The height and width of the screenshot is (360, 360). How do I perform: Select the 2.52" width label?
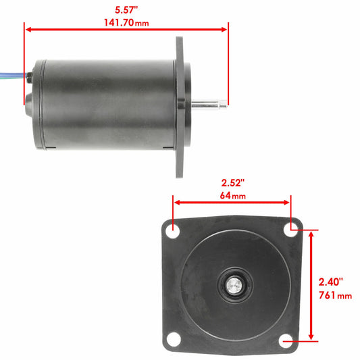pyautogui.click(x=232, y=183)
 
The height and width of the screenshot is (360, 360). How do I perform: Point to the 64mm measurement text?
pyautogui.click(x=233, y=195)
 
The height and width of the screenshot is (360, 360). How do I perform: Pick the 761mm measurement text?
pyautogui.click(x=335, y=295)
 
